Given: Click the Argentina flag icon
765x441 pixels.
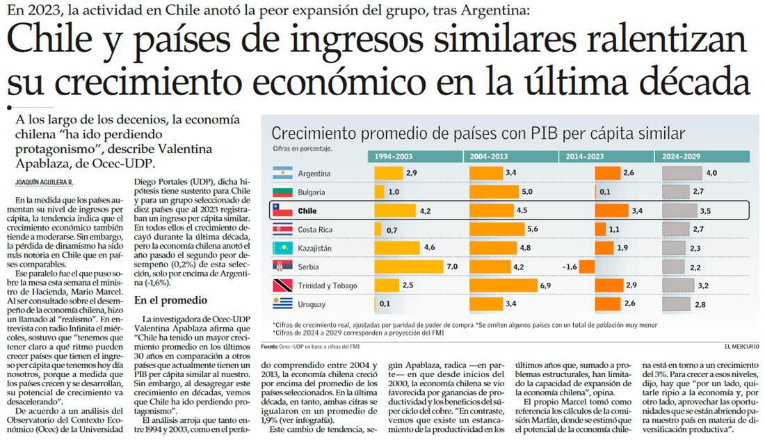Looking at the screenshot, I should click(282, 172).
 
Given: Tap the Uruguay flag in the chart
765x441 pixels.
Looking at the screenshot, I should click(282, 303).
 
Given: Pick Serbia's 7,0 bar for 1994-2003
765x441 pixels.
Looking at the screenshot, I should click(409, 266).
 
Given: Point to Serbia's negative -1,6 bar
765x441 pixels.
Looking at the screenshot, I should click(586, 266).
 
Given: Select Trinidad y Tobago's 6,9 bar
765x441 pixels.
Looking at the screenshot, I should click(501, 285).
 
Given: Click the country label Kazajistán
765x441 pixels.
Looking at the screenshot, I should click(314, 248).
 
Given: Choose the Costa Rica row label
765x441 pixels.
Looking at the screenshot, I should click(315, 229).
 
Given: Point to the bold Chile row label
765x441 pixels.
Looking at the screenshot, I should click(307, 210).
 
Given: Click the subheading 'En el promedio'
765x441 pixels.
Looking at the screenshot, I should click(170, 300).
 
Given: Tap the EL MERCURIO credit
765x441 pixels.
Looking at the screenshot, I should click(741, 346).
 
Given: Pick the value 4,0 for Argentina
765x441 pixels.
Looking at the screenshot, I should click(711, 173).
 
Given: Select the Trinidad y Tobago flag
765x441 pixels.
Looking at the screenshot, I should click(282, 285).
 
